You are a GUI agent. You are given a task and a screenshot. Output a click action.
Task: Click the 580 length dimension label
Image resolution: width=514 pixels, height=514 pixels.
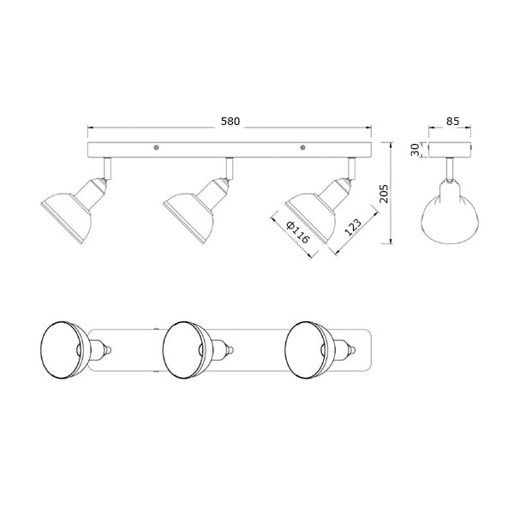tap(230, 122)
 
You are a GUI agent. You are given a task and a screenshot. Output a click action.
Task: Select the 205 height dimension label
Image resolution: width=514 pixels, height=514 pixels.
tap(384, 194)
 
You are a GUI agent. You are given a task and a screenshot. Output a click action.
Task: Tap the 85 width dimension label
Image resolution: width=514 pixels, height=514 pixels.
tap(452, 121)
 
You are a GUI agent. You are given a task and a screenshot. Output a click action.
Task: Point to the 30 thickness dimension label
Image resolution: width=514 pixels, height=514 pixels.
tap(415, 150)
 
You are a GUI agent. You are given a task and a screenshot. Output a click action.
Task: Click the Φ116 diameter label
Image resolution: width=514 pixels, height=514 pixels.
tap(297, 232)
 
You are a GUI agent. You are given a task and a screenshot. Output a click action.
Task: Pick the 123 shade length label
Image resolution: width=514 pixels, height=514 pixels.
tap(353, 227)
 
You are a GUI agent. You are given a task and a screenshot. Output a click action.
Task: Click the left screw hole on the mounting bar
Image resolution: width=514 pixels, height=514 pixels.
tap(157, 147)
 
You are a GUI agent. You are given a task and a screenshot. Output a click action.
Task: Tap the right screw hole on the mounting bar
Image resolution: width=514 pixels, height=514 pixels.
tap(303, 147)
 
